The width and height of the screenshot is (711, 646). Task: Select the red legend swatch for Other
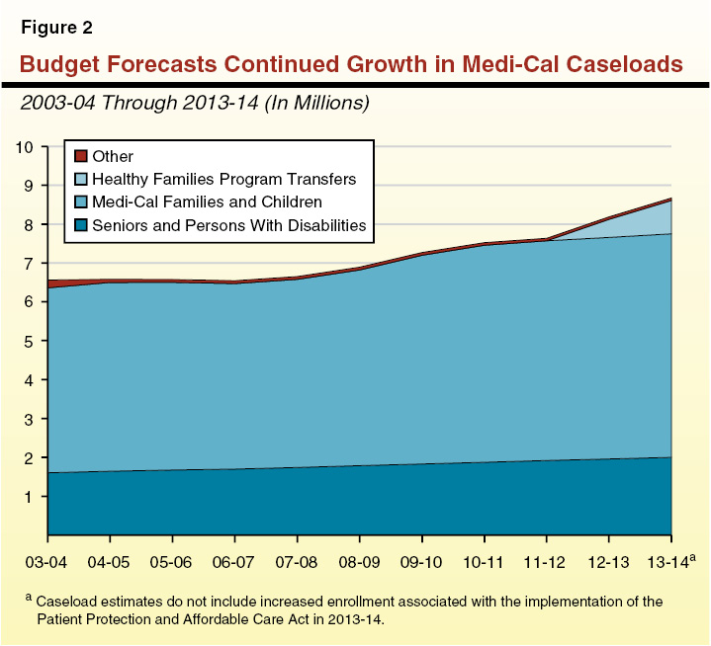[x=81, y=156]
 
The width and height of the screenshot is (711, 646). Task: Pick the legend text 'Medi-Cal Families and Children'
[x=207, y=202]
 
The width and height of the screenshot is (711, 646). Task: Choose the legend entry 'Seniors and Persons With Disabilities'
[x=228, y=225]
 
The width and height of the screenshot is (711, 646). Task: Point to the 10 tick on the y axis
[x=26, y=147]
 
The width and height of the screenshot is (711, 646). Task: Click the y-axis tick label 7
[x=31, y=264]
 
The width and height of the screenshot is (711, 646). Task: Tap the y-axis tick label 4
[x=31, y=380]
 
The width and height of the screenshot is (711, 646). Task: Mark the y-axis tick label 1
[x=31, y=497]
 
